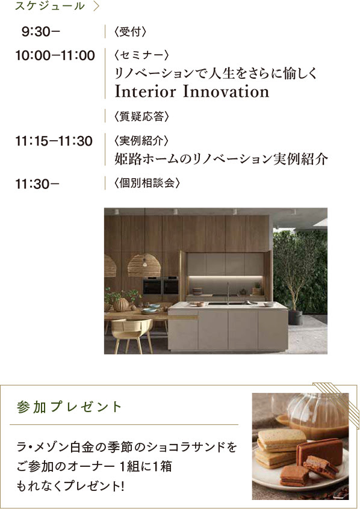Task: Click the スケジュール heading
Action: click(x=50, y=6)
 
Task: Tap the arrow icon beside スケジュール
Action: click(x=96, y=6)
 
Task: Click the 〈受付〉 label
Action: click(x=130, y=32)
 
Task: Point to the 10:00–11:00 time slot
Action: click(x=55, y=55)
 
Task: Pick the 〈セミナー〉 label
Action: click(x=141, y=55)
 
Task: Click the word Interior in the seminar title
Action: click(x=146, y=91)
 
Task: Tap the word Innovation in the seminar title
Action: click(x=226, y=91)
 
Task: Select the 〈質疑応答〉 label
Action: click(x=141, y=116)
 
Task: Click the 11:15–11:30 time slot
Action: click(x=54, y=141)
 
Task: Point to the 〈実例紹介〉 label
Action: click(x=141, y=141)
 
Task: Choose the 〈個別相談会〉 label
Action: click(x=147, y=183)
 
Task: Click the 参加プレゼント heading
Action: click(x=69, y=407)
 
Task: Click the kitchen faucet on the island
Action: click(x=228, y=293)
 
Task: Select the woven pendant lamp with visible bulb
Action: click(x=144, y=265)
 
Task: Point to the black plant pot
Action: click(x=295, y=318)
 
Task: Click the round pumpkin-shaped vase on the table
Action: click(x=121, y=304)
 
